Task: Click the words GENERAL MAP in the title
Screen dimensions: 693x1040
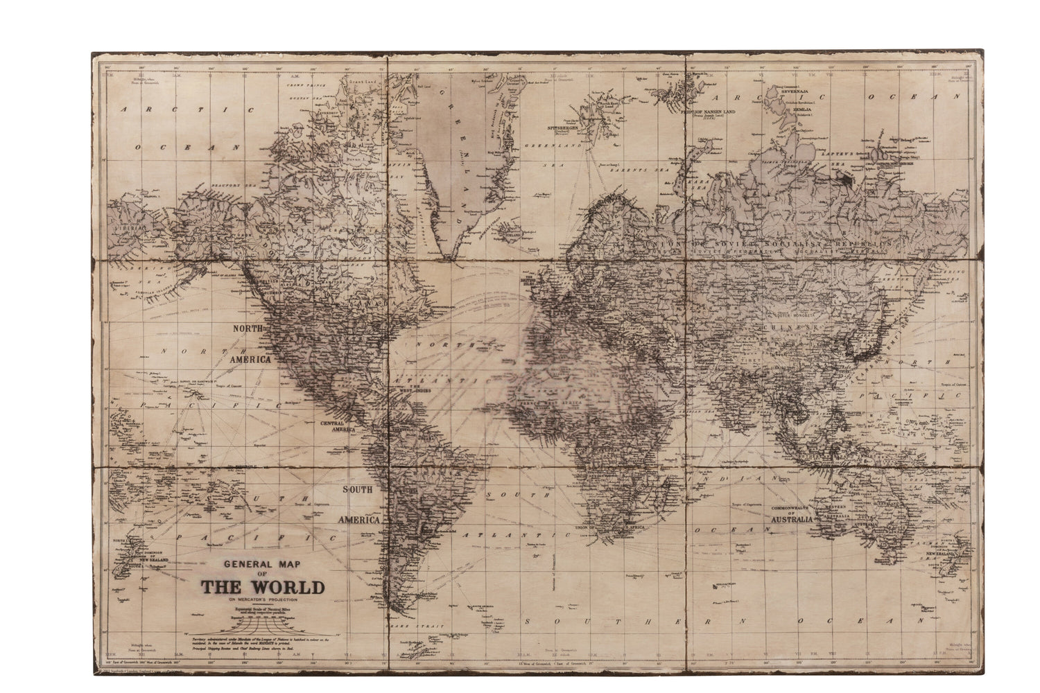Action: point(263,564)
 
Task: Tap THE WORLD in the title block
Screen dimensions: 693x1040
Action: point(263,587)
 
